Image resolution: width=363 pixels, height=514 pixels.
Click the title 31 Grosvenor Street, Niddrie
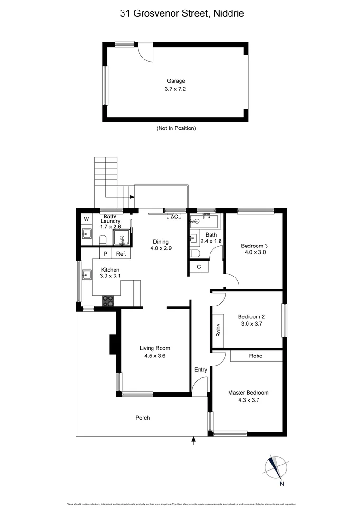182,14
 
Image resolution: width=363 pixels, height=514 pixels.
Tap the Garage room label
176,81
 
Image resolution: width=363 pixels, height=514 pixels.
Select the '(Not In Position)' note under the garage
176,128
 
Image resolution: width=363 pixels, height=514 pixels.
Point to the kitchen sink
86,275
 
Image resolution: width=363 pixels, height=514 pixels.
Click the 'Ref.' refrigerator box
121,254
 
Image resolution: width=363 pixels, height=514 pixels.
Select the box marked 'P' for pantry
105,254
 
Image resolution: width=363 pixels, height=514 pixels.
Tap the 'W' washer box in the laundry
86,219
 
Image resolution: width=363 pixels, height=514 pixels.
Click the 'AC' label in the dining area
174,217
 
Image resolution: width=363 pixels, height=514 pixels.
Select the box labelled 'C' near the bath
199,267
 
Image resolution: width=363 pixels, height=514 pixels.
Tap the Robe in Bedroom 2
219,330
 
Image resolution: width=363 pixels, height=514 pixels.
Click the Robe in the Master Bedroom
256,356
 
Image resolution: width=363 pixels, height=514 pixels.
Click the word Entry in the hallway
201,370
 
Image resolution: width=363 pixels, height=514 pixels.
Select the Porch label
143,418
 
